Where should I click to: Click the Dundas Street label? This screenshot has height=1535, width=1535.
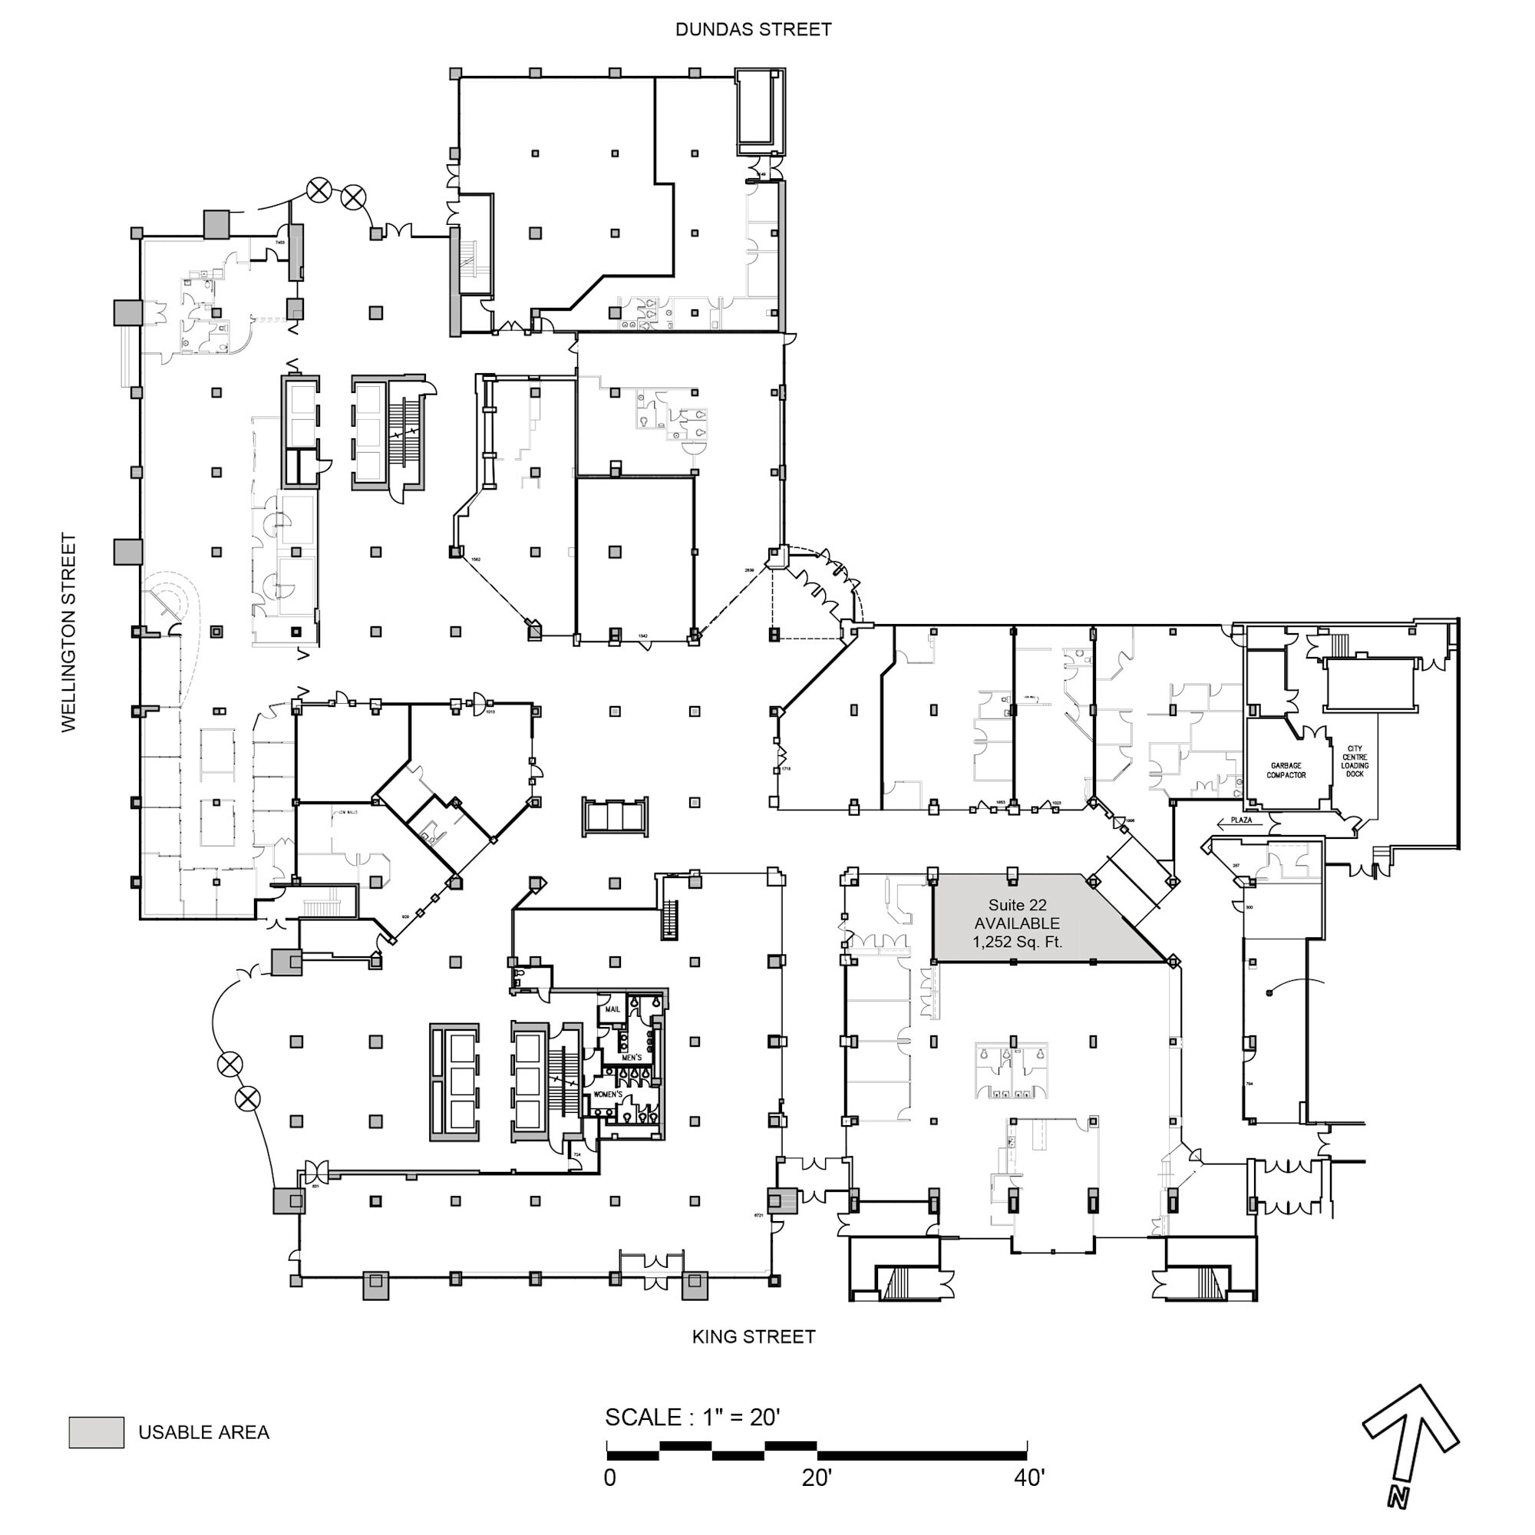[753, 29]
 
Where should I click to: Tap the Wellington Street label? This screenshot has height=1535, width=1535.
[69, 632]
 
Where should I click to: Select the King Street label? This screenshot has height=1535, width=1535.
[753, 1337]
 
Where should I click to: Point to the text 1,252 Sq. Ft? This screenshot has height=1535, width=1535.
[1017, 942]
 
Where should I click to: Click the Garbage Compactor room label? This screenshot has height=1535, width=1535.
[1286, 770]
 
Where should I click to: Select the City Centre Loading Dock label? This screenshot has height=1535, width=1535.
[1355, 761]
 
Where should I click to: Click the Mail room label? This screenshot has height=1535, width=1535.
[612, 1009]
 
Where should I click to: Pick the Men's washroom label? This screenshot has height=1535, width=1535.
[632, 1058]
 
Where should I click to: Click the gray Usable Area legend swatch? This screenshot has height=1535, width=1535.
[96, 1431]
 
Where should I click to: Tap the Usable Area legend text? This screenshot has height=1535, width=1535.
[203, 1432]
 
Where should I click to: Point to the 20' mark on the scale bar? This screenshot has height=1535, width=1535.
[817, 1477]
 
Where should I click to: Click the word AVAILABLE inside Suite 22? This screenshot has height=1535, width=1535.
[1017, 923]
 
